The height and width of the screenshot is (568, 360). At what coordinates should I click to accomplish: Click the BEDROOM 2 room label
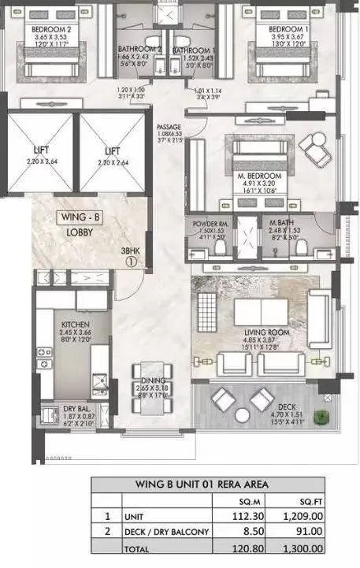[34, 30]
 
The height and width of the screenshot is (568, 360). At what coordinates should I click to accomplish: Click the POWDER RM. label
[210, 224]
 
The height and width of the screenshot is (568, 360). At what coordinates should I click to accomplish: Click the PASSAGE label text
[169, 127]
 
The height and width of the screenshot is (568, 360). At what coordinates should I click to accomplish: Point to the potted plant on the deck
[319, 418]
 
